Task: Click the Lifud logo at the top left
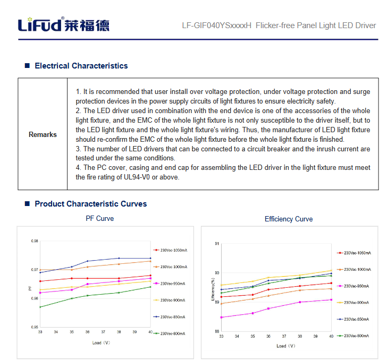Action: [x=64, y=25]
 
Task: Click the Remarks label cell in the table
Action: [x=43, y=134]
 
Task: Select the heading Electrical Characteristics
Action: [x=81, y=66]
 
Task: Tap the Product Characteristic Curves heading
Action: [x=90, y=204]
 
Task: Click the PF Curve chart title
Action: [x=100, y=218]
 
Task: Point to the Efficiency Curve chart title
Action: [x=289, y=219]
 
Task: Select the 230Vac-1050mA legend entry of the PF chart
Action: [x=173, y=250]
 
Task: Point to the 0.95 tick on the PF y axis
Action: [x=35, y=327]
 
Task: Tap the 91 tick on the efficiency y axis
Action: [x=217, y=243]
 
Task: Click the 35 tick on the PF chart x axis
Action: [x=72, y=332]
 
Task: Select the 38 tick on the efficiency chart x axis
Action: [x=300, y=336]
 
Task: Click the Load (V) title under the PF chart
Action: [x=101, y=343]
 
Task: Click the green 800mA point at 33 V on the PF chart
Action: [x=40, y=307]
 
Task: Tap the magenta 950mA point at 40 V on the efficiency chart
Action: [x=331, y=299]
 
